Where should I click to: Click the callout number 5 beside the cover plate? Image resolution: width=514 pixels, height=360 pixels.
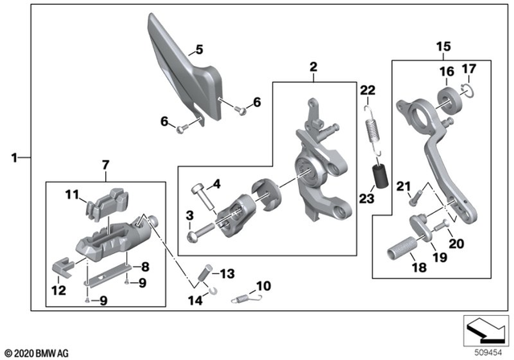click(x=199, y=50)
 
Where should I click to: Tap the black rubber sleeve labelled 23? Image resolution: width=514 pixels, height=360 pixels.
click(x=380, y=176)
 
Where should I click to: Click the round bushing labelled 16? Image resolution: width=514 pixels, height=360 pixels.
click(x=451, y=100)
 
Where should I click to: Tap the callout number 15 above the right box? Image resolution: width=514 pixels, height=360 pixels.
click(x=443, y=47)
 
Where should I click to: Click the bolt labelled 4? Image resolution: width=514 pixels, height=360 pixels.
click(x=202, y=197)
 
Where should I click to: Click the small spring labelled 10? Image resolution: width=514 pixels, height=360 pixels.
click(x=247, y=298)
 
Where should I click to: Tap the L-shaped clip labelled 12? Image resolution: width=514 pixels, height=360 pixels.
click(x=63, y=268)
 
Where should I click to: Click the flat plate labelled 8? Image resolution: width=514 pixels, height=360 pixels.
click(x=108, y=276)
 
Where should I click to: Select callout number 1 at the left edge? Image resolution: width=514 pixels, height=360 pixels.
click(x=14, y=158)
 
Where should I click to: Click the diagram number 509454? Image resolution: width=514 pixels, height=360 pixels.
click(x=488, y=353)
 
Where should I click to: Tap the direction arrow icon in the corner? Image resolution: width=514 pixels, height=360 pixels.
click(x=486, y=330)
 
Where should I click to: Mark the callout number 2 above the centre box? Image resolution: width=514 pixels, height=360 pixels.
click(x=314, y=67)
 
